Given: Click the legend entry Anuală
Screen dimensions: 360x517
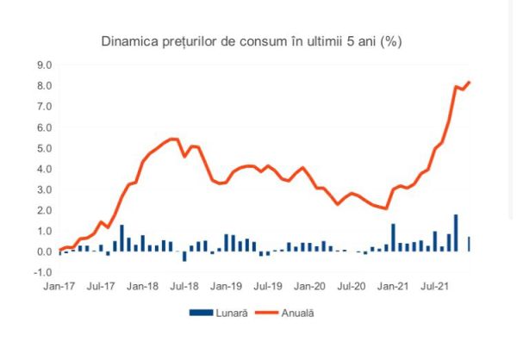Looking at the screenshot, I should click(x=296, y=313).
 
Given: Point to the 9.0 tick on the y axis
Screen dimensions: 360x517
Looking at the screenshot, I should click(x=43, y=65).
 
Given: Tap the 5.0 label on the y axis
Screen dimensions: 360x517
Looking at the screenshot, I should click(x=43, y=148).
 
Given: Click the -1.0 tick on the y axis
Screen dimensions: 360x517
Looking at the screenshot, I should click(x=41, y=272).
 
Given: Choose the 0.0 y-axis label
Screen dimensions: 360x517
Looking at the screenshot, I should click(x=43, y=251).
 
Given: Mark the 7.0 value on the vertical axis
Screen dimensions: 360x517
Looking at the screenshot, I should click(x=43, y=106).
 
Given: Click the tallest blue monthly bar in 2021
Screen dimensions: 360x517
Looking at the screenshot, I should click(x=456, y=233).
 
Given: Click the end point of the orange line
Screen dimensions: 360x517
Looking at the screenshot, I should click(x=470, y=82).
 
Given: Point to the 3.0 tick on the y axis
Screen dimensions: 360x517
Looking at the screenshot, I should click(x=43, y=189).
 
